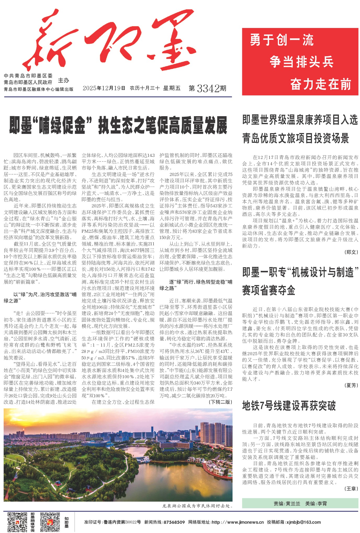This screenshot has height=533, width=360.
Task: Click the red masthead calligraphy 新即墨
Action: [110, 42]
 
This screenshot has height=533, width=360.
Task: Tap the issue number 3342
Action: [208, 89]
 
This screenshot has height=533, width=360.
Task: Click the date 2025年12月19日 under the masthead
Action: [104, 88]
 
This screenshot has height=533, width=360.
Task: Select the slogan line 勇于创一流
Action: [282, 40]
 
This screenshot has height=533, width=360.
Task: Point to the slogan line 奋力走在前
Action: [320, 84]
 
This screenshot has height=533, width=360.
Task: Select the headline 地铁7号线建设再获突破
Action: [289, 406]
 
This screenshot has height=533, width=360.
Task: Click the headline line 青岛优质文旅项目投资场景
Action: [296, 138]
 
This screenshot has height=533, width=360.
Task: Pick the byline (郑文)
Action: [351, 252]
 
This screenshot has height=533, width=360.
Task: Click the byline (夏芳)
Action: [351, 385]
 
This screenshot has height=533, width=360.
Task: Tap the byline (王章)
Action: [351, 489]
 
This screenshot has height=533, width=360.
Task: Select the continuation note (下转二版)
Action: [220, 402]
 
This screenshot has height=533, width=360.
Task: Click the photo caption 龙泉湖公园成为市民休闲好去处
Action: [197, 506]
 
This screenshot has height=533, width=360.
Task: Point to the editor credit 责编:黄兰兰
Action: [287, 503]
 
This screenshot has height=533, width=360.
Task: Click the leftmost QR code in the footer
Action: [17, 522]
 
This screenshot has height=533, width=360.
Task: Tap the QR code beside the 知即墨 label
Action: [50, 522]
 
